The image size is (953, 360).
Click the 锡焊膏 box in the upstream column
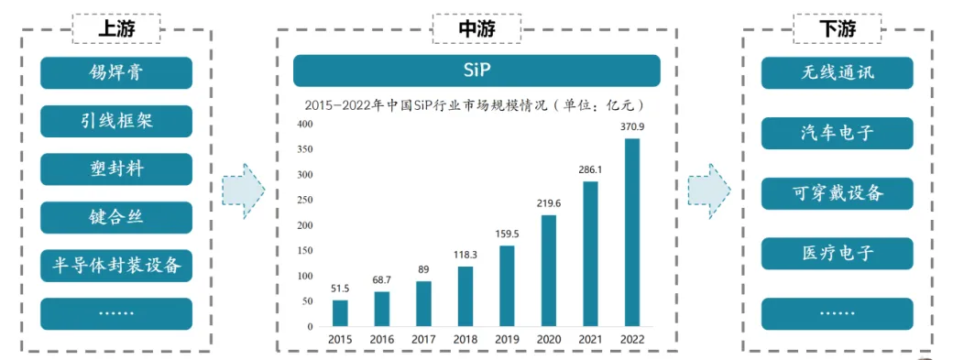click(116, 73)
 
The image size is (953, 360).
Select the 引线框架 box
click(116, 121)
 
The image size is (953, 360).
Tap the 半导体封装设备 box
click(116, 266)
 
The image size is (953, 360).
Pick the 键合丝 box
click(116, 217)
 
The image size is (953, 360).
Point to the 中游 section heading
click(476, 29)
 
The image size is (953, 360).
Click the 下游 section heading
click(837, 29)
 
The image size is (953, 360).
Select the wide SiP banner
click(476, 71)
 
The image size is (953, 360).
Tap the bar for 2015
click(340, 312)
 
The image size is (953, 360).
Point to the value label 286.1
click(590, 170)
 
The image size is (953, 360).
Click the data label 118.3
click(465, 256)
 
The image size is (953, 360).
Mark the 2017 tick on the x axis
click(423, 339)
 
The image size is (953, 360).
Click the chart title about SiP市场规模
click(476, 104)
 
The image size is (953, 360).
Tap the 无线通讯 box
click(837, 73)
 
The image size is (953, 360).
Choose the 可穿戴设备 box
click(837, 193)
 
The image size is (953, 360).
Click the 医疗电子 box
click(837, 254)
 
